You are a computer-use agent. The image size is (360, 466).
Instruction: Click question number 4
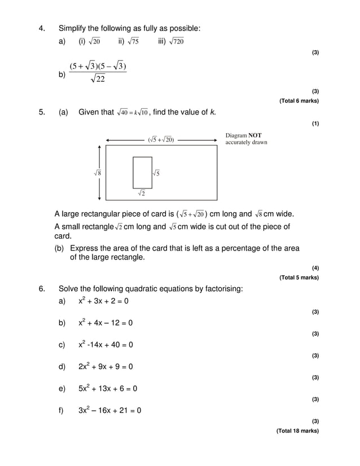(x=41, y=28)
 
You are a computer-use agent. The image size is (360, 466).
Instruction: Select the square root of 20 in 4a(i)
(x=94, y=41)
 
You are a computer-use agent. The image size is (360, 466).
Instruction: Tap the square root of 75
(x=133, y=41)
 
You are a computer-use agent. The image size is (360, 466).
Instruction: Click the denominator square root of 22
(x=98, y=80)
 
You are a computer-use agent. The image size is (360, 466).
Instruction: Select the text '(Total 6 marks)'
(x=299, y=101)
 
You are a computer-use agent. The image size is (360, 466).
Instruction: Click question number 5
(x=41, y=112)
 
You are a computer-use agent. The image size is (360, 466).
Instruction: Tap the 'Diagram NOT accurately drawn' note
(x=246, y=139)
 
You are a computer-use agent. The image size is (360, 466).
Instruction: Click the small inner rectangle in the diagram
(x=142, y=173)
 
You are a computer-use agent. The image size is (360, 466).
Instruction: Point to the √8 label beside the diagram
(x=98, y=174)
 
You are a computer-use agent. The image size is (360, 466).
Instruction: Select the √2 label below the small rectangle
(x=142, y=194)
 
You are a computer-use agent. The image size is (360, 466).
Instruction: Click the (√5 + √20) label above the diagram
(x=161, y=139)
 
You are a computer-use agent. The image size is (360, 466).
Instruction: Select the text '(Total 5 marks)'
(x=299, y=278)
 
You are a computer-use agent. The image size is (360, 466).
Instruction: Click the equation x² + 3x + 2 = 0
(x=103, y=301)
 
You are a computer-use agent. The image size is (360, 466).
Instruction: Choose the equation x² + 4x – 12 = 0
(x=106, y=323)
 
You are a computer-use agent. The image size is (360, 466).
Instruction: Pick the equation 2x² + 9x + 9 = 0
(x=106, y=367)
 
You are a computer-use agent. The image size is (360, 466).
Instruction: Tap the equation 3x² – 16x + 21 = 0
(x=109, y=410)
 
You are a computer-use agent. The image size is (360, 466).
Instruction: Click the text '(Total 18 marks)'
(x=297, y=431)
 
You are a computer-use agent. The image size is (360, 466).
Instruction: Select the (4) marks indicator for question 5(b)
(x=315, y=268)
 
